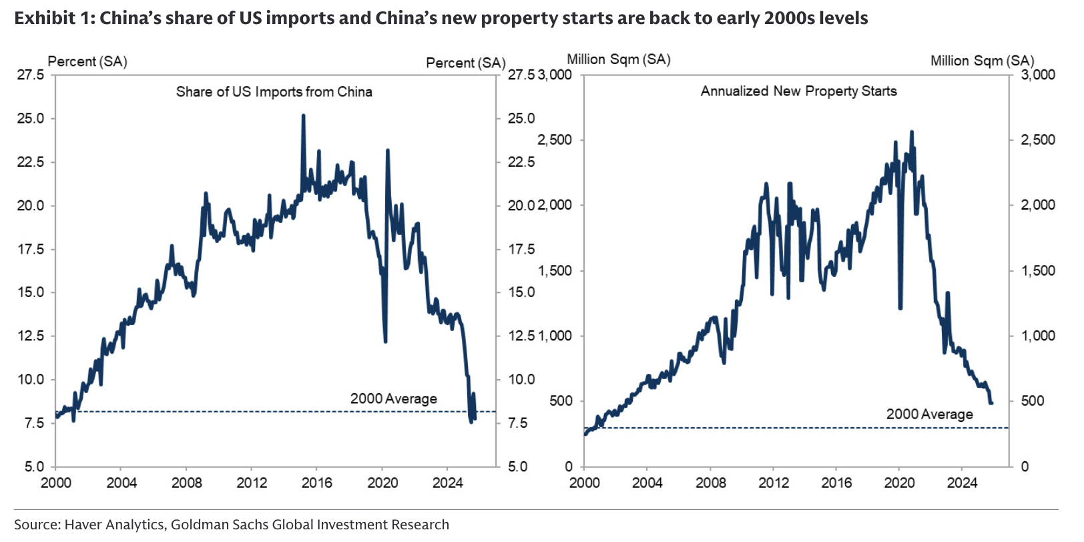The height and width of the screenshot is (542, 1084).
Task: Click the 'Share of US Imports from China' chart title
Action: click(274, 92)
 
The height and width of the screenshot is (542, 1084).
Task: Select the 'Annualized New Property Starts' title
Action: click(798, 91)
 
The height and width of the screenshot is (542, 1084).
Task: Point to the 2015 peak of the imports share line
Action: click(303, 115)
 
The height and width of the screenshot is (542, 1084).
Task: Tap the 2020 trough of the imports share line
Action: click(385, 341)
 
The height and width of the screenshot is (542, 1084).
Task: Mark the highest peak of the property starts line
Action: click(912, 132)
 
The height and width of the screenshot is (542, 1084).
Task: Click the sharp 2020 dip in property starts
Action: click(900, 308)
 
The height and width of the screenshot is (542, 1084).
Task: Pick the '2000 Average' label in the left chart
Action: click(393, 399)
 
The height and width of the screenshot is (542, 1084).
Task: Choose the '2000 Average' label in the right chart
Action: click(929, 415)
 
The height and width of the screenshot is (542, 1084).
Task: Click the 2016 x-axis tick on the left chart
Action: click(316, 483)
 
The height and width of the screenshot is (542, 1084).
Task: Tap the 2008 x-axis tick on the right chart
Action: click(711, 483)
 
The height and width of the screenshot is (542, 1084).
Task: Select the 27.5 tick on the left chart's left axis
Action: click(31, 75)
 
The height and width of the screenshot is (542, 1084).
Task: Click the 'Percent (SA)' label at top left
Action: click(87, 62)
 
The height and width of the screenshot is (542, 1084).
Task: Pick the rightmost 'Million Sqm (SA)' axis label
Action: click(982, 61)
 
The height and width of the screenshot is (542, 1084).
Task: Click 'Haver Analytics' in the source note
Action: click(114, 525)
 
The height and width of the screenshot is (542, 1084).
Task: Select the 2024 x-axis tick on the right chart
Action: click(962, 483)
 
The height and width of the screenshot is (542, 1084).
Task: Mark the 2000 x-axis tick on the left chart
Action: click(56, 483)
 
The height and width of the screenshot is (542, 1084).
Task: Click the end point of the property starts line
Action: click(991, 402)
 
